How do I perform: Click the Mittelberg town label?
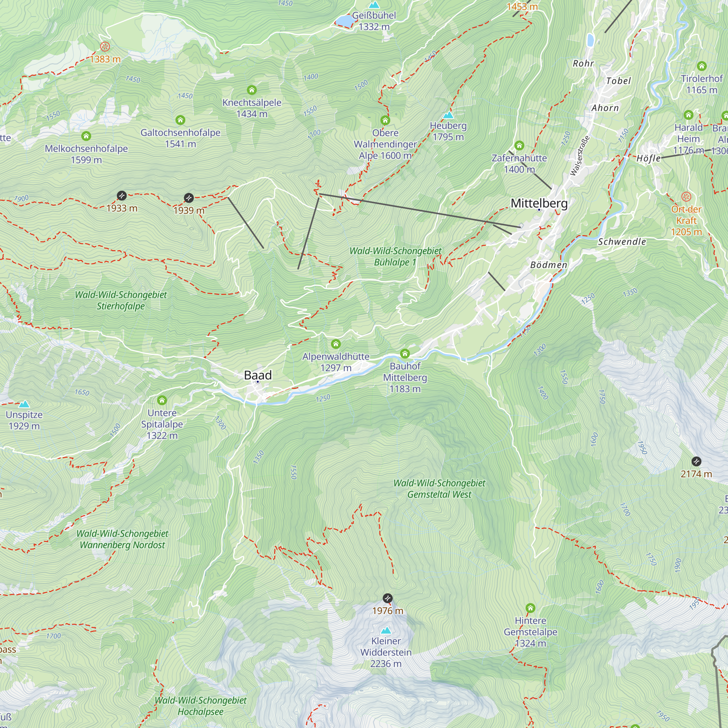tap(539, 203)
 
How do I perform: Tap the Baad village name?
tap(258, 375)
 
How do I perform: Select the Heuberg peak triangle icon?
tap(448, 115)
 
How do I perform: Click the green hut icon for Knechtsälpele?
tap(252, 90)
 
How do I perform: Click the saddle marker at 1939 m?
tap(189, 197)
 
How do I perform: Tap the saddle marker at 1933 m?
tap(121, 195)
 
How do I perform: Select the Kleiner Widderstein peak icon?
tap(386, 630)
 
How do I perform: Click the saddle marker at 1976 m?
tap(387, 598)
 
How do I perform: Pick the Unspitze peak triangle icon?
tap(24, 404)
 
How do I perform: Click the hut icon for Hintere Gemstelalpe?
tap(530, 608)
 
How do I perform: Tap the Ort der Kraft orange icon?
tap(686, 196)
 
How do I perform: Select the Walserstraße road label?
tap(579, 156)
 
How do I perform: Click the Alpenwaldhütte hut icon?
tap(336, 344)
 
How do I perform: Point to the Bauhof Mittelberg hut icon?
tap(405, 353)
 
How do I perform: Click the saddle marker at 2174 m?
tap(696, 461)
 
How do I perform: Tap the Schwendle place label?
tap(622, 242)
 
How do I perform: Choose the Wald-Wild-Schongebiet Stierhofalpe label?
tap(120, 300)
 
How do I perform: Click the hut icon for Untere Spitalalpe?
tap(162, 400)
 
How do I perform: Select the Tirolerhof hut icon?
tap(701, 66)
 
